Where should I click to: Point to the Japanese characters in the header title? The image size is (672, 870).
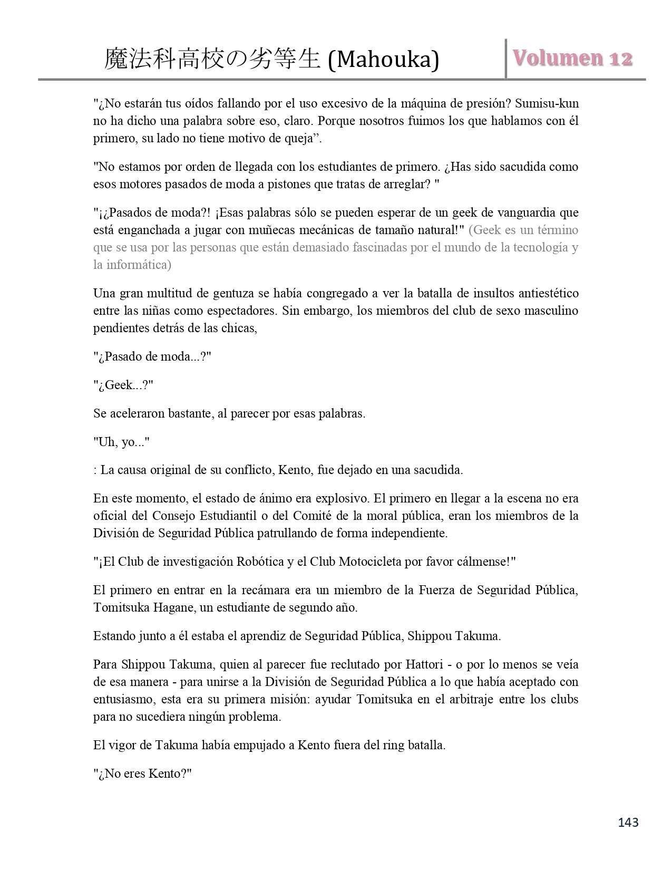pos(212,60)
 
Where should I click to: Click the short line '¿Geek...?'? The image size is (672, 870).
pos(123,385)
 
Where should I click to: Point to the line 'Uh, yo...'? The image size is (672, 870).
pos(121,442)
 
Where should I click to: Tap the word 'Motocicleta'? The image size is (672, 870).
pos(370,562)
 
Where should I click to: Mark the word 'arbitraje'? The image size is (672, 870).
pos(463,700)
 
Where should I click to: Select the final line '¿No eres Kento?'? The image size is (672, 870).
pos(142,774)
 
